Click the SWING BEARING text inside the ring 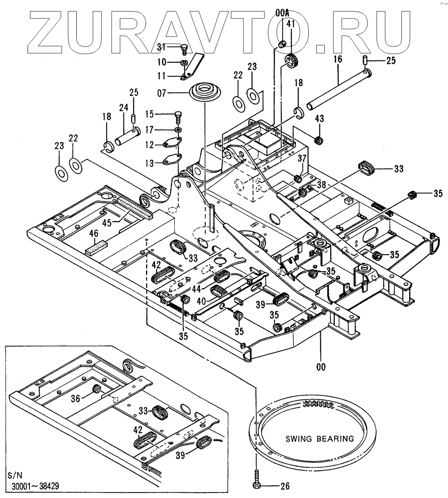314,438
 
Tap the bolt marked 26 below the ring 257,486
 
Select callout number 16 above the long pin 338,59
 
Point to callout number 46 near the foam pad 93,234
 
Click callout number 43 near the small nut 320,119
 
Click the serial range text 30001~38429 34,486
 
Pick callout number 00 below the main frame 320,367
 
